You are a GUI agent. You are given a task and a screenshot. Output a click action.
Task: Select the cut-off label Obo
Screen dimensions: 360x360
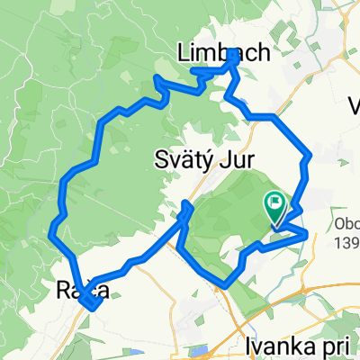(345, 223)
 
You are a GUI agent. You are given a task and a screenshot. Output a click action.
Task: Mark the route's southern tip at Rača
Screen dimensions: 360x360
(93, 309)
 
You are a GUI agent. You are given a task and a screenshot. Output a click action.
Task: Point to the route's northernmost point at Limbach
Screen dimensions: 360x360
(233, 52)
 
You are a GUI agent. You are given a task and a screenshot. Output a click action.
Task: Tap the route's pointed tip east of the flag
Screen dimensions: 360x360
(308, 233)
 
